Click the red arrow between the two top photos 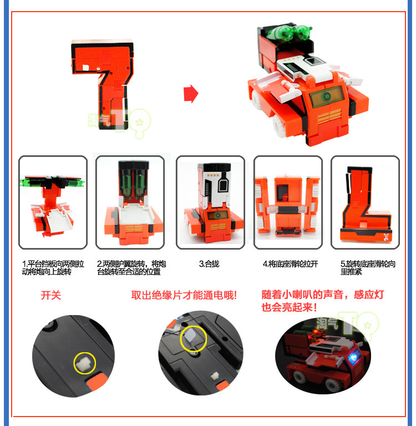(191, 94)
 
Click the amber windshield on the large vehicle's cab (326, 97)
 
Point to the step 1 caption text (53, 267)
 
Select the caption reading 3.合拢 (209, 264)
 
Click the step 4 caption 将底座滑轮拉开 (290, 264)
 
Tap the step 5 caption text (368, 267)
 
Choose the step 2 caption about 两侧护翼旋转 (131, 267)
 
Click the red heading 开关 (51, 295)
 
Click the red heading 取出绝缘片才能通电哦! (184, 295)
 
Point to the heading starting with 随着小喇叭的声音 (322, 301)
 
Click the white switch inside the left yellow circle (84, 363)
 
